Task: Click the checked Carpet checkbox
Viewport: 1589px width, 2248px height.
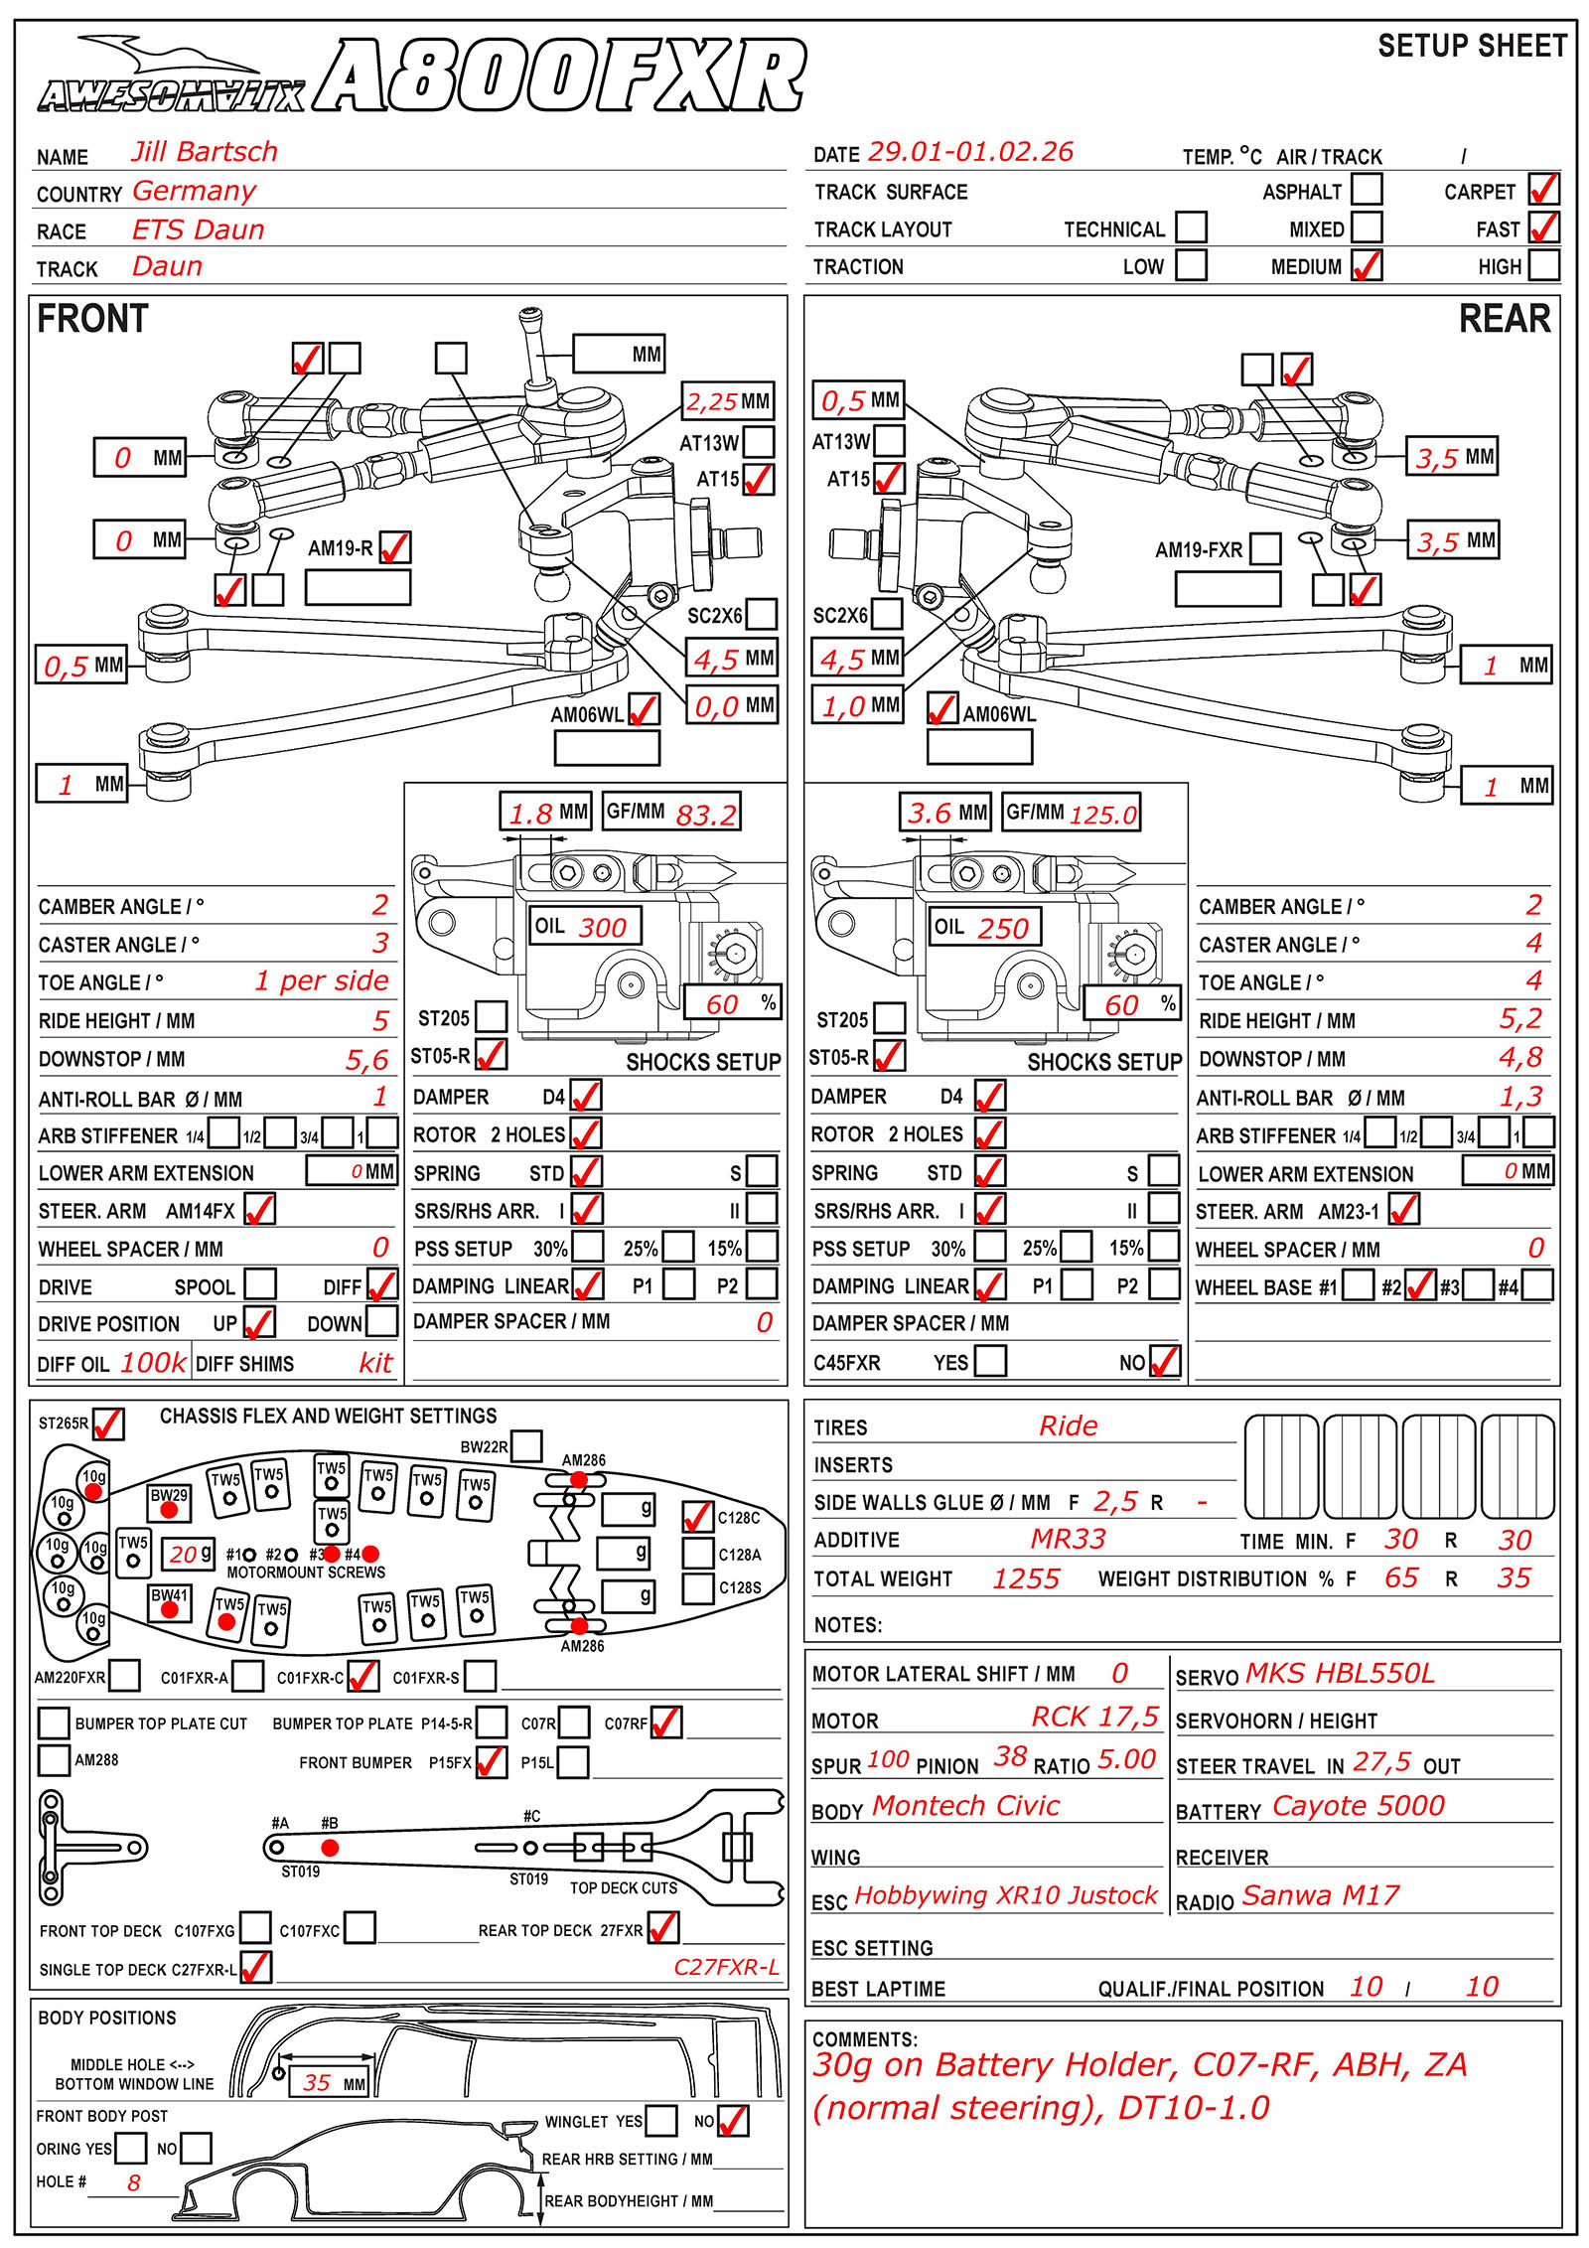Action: click(x=1543, y=189)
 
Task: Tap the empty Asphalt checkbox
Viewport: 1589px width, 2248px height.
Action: click(x=1367, y=189)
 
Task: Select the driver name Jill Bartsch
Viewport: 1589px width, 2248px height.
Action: click(x=205, y=152)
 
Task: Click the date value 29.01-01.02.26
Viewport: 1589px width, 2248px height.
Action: click(x=970, y=152)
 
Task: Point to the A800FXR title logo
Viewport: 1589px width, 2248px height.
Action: click(x=559, y=75)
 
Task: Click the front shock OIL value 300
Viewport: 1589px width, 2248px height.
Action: click(x=602, y=928)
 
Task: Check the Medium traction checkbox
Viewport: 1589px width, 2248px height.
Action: click(x=1367, y=265)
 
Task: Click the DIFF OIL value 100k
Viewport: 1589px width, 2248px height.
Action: click(x=153, y=1363)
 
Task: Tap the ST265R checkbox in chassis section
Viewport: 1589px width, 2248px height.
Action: click(x=108, y=1424)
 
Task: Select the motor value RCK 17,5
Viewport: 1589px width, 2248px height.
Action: click(x=1094, y=1718)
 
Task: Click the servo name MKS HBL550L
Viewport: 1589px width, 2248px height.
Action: click(x=1340, y=1674)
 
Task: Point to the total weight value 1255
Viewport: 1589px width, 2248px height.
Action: click(x=1026, y=1579)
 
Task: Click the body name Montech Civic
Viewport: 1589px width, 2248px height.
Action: click(x=965, y=1806)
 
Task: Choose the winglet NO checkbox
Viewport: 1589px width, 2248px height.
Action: click(x=733, y=2121)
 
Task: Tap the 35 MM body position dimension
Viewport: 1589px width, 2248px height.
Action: click(x=317, y=2083)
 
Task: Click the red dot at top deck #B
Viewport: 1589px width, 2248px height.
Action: click(x=330, y=1848)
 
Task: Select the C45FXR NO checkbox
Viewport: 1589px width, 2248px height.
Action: click(x=1165, y=1361)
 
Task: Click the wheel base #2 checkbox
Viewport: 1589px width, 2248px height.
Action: click(x=1420, y=1285)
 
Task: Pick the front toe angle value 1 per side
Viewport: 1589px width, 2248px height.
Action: click(x=322, y=981)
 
